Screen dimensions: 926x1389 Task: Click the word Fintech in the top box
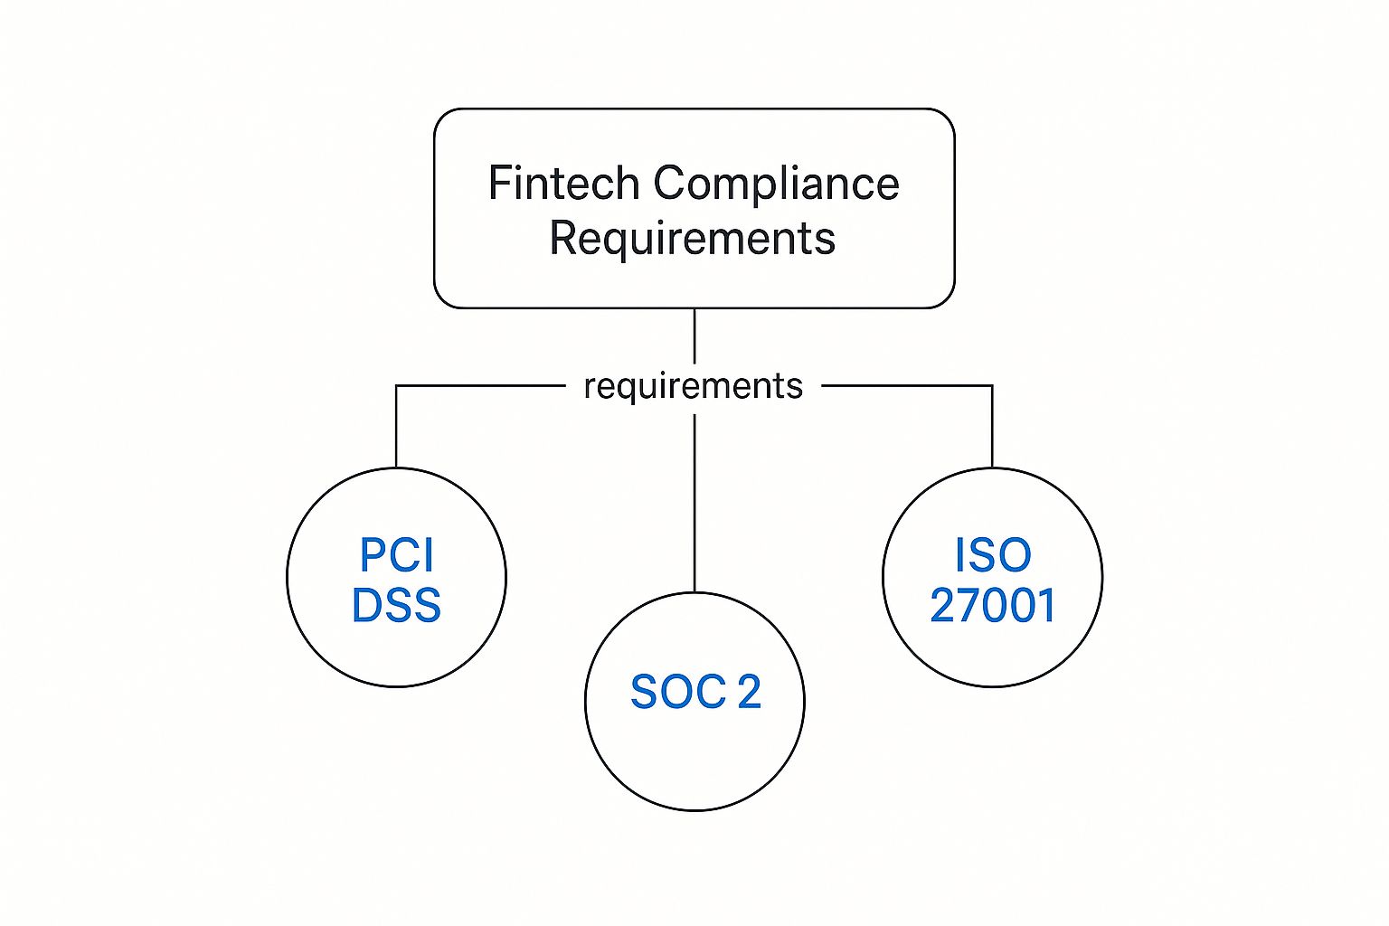tap(563, 184)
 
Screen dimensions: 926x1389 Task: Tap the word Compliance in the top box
tap(776, 184)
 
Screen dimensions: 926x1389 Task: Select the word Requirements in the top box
tap(693, 239)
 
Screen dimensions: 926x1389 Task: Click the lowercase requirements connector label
tap(693, 386)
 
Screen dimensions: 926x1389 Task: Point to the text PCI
tap(396, 554)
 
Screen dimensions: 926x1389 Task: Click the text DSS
tap(396, 605)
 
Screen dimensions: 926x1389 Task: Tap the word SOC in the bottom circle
tap(678, 693)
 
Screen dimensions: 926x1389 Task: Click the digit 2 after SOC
tap(749, 693)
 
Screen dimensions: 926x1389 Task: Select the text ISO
tap(992, 554)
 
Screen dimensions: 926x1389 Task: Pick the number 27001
tap(992, 605)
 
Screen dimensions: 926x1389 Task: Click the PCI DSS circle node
tap(396, 651)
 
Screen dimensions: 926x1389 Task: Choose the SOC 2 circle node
tap(694, 760)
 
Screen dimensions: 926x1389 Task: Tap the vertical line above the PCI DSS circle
tap(396, 425)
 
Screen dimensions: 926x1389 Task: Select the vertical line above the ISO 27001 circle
tap(992, 425)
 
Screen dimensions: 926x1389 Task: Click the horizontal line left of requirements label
tap(479, 386)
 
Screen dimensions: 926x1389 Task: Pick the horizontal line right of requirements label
tap(904, 386)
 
